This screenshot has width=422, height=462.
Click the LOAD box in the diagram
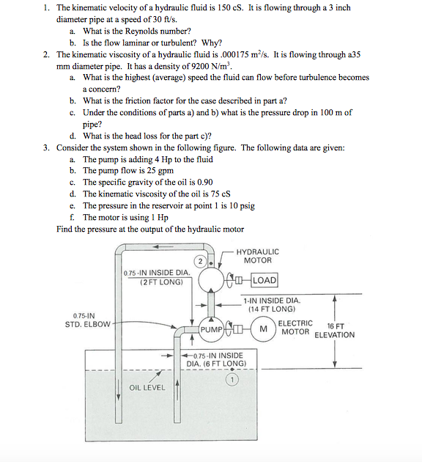[264, 280]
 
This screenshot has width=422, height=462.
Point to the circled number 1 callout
[232, 380]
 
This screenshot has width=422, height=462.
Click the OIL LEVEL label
[147, 387]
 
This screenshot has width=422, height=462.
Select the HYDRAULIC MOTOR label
[257, 256]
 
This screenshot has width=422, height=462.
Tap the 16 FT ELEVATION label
[334, 331]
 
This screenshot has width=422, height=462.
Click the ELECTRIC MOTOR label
[296, 327]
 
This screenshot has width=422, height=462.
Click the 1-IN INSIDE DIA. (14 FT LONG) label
[271, 304]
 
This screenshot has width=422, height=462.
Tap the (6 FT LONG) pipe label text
[223, 364]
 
